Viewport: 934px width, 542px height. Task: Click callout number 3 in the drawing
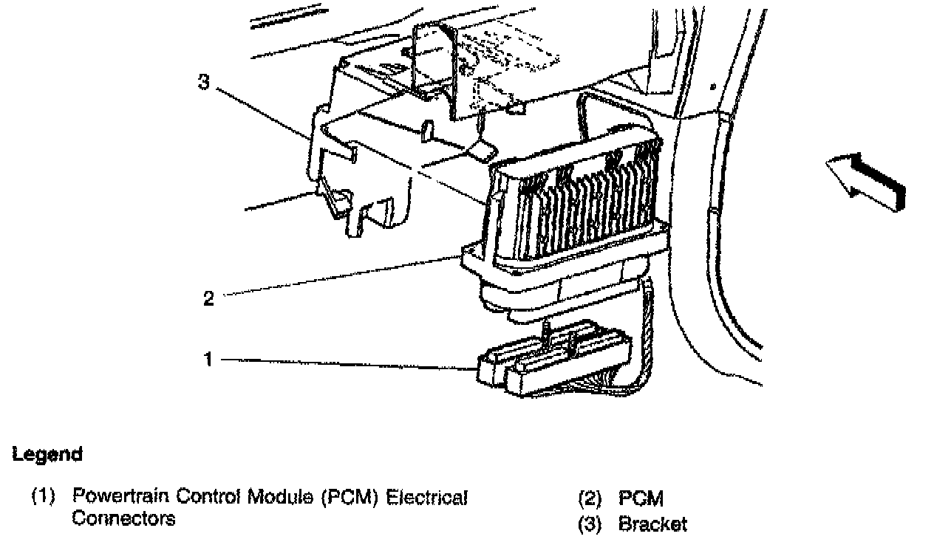coord(204,81)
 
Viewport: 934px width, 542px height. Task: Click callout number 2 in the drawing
coord(208,298)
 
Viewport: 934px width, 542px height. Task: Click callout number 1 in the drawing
coord(208,360)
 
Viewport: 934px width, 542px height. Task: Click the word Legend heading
coord(47,455)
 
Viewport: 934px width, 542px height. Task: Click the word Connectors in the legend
coord(123,518)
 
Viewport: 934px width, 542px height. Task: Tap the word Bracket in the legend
coord(652,524)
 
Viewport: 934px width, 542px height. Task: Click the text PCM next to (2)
coord(641,500)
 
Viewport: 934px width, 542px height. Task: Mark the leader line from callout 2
coord(340,276)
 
